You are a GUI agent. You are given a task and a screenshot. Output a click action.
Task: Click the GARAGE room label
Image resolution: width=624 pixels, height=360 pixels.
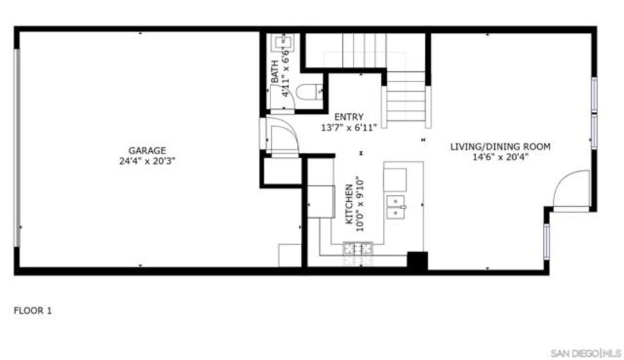(x=147, y=151)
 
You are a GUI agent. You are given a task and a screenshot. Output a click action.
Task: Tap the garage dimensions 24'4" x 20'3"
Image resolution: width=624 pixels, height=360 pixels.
(x=147, y=161)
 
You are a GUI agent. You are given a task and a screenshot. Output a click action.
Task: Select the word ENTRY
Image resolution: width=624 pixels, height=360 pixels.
(x=348, y=117)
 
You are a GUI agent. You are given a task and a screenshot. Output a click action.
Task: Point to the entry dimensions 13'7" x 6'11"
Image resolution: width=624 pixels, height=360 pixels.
(x=348, y=128)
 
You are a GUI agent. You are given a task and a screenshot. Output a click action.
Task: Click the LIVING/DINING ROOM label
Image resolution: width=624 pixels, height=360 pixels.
(x=500, y=147)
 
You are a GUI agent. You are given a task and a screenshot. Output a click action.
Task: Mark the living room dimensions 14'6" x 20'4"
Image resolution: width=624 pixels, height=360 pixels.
(x=500, y=157)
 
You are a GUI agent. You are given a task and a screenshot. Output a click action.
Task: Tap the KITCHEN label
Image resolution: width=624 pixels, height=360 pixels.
(x=348, y=204)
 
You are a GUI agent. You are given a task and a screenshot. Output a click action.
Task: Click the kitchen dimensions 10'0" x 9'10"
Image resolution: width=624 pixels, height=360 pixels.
(x=359, y=204)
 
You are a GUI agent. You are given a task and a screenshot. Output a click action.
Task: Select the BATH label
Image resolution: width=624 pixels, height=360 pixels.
(x=274, y=72)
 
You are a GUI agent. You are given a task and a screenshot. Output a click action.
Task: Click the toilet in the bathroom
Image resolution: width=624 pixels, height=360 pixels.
(x=309, y=92)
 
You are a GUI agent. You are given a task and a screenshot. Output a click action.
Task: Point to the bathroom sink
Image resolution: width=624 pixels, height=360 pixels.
(x=283, y=43)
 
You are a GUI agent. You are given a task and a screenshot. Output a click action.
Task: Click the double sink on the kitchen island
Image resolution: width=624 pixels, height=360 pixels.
(x=396, y=207)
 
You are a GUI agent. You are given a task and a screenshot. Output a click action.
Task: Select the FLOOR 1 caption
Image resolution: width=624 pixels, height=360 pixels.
(x=33, y=310)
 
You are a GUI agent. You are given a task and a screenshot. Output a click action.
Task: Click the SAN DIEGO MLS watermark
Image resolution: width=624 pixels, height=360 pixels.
(x=586, y=353)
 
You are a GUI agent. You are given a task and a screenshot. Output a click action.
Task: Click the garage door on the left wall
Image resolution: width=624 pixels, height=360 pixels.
(x=17, y=148)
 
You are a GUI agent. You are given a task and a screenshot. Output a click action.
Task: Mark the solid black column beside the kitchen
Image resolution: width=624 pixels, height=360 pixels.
(x=417, y=261)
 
